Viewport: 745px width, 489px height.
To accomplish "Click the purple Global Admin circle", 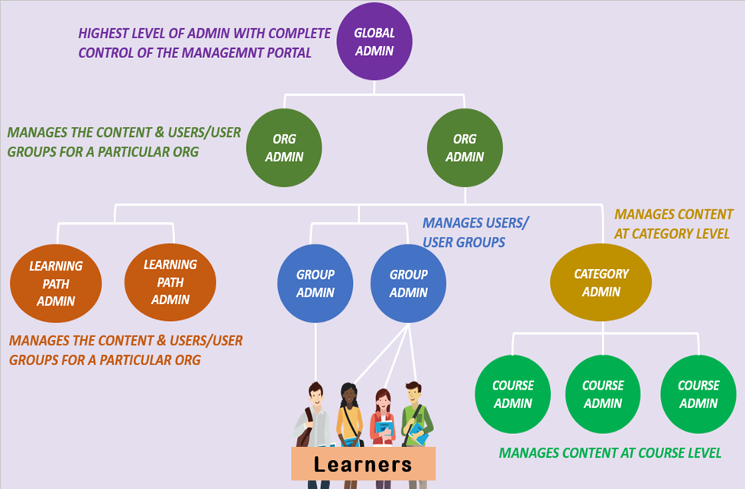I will pyautogui.click(x=374, y=43).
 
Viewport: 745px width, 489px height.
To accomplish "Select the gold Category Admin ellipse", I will pyautogui.click(x=601, y=282).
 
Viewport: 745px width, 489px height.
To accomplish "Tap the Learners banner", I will pyautogui.click(x=363, y=464).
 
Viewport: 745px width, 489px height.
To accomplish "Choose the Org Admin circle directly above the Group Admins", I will pyautogui.click(x=465, y=148).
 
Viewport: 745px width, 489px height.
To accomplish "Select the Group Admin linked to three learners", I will pyautogui.click(x=409, y=283).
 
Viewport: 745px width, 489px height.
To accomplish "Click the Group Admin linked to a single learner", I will pyautogui.click(x=316, y=283).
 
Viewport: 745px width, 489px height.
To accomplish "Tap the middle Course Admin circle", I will pyautogui.click(x=603, y=394).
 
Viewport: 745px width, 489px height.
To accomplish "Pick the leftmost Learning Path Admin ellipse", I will pyautogui.click(x=56, y=283).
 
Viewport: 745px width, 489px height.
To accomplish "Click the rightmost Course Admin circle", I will pyautogui.click(x=698, y=394).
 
